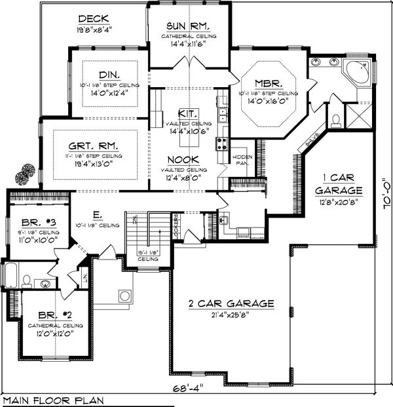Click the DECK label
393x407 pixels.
click(x=94, y=18)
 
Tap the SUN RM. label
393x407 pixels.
click(x=188, y=26)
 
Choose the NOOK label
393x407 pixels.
click(x=187, y=159)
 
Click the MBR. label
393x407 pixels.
click(x=269, y=84)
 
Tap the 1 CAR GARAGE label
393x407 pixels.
click(x=338, y=183)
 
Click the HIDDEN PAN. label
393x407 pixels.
click(x=240, y=161)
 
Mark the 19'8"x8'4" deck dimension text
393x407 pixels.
click(x=94, y=29)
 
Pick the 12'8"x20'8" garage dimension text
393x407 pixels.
click(x=338, y=203)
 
